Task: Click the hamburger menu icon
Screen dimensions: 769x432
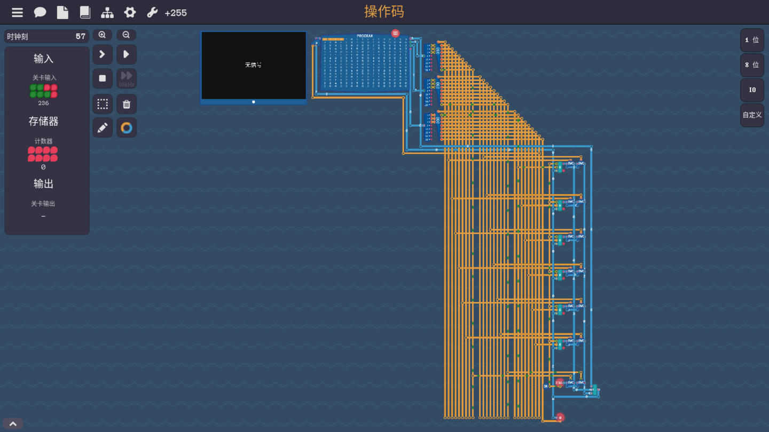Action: tap(17, 12)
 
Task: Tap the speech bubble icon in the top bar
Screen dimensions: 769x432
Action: tap(40, 12)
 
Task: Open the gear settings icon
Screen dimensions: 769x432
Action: tap(130, 12)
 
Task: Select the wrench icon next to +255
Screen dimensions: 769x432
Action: tap(152, 12)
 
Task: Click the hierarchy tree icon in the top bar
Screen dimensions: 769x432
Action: tap(107, 12)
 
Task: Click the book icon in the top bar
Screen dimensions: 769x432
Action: tap(85, 12)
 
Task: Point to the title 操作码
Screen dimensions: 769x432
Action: tap(384, 12)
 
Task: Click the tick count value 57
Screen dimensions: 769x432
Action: tap(80, 36)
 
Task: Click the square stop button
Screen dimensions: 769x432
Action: tap(103, 78)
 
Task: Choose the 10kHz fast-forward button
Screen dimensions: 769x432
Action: tap(127, 78)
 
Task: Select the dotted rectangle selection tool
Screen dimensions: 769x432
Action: tap(103, 104)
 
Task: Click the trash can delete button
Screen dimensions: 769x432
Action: tap(127, 104)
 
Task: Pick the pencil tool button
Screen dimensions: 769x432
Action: tap(103, 128)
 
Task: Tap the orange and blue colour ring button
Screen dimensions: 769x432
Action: tap(127, 128)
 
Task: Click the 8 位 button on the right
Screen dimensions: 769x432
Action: tap(751, 65)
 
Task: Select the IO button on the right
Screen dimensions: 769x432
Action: tap(751, 90)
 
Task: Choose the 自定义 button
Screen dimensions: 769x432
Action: tap(751, 115)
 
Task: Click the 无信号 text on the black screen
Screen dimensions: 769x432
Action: tap(253, 65)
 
